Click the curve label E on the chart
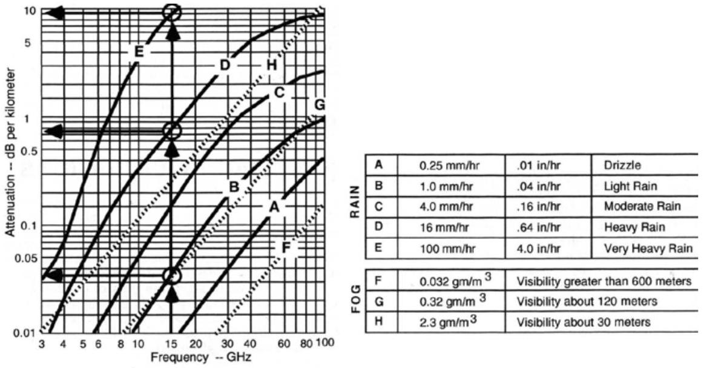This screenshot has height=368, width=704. coord(139,53)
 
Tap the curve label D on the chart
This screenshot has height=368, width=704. coord(225,65)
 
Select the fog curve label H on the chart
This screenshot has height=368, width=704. coord(271,65)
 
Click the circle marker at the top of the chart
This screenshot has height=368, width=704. coord(173,12)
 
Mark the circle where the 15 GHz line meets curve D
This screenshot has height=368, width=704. coord(173,130)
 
